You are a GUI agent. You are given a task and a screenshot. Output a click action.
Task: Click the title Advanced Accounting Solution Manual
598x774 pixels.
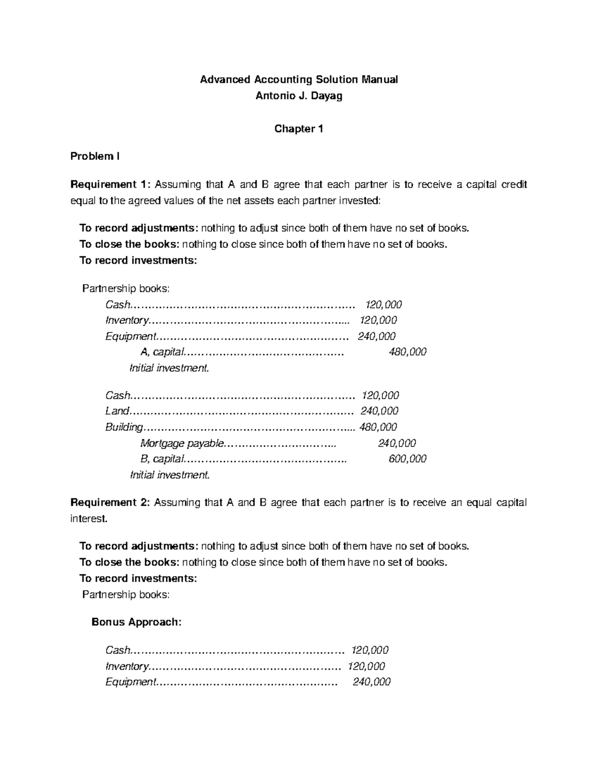[x=299, y=80]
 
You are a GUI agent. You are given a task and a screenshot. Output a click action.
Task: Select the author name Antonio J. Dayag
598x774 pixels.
[x=299, y=96]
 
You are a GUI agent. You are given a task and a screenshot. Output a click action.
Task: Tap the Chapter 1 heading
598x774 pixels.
[x=299, y=129]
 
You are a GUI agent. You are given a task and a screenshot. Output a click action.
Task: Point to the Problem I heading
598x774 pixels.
[x=95, y=156]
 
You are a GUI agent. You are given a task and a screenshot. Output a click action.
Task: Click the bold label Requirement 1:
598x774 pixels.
[x=110, y=185]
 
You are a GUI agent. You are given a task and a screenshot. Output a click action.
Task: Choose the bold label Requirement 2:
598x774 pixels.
[x=110, y=502]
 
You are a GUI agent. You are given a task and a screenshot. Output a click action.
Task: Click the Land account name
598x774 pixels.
[x=117, y=411]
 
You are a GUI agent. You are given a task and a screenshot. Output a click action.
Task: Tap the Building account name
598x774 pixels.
[x=124, y=427]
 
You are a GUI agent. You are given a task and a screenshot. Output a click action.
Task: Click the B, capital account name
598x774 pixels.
[x=162, y=459]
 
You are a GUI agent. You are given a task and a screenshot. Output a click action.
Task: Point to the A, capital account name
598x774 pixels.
[x=162, y=352]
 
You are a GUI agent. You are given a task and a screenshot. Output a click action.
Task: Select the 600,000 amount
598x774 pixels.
[x=407, y=459]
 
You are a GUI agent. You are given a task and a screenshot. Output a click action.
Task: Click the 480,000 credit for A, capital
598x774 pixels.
[x=407, y=352]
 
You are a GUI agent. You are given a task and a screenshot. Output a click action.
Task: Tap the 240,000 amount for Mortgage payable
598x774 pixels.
[x=397, y=443]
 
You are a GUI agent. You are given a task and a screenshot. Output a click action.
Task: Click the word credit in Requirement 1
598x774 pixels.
[x=514, y=185]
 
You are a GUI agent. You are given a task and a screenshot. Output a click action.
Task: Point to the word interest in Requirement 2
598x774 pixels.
[x=88, y=519]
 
